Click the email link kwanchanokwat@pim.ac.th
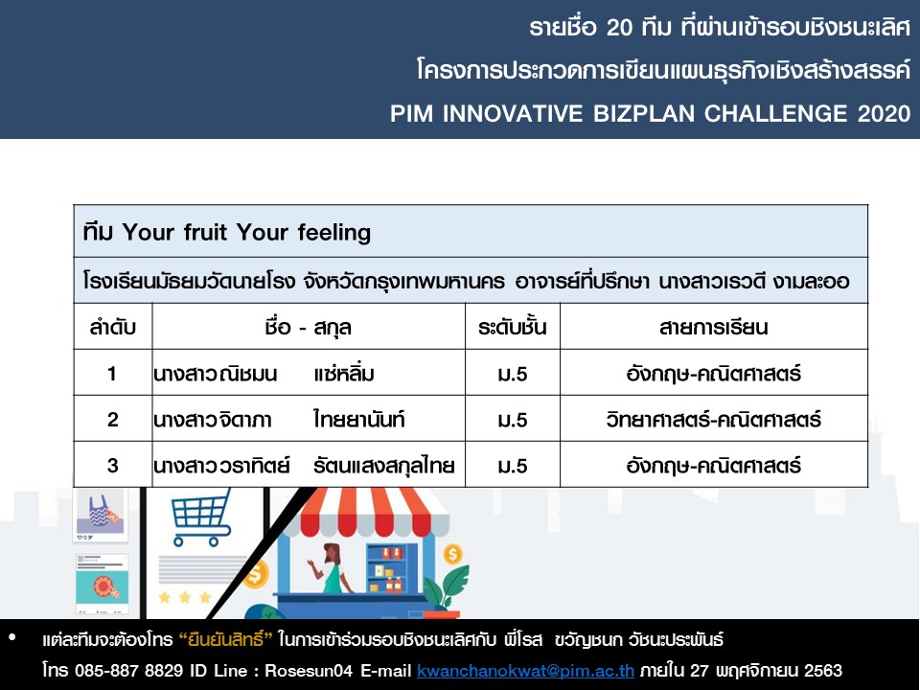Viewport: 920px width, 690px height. (526, 670)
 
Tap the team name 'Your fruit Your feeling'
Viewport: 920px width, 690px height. (246, 232)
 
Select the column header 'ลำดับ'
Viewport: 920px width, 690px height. (113, 327)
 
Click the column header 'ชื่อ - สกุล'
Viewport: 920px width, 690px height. (308, 327)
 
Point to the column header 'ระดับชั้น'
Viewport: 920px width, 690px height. (512, 327)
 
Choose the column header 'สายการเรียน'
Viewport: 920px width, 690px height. (713, 327)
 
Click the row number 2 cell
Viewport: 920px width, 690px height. (113, 419)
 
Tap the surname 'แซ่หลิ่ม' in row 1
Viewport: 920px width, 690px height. (344, 373)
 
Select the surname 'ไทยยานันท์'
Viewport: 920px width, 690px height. (359, 419)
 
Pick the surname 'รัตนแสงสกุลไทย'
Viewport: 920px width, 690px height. (384, 466)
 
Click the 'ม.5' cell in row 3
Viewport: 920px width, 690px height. (512, 466)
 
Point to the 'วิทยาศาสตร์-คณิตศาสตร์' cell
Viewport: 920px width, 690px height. (713, 419)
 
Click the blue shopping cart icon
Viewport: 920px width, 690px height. (200, 517)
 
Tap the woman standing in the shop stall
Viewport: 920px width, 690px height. (331, 568)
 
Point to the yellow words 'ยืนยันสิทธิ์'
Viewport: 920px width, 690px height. (226, 639)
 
